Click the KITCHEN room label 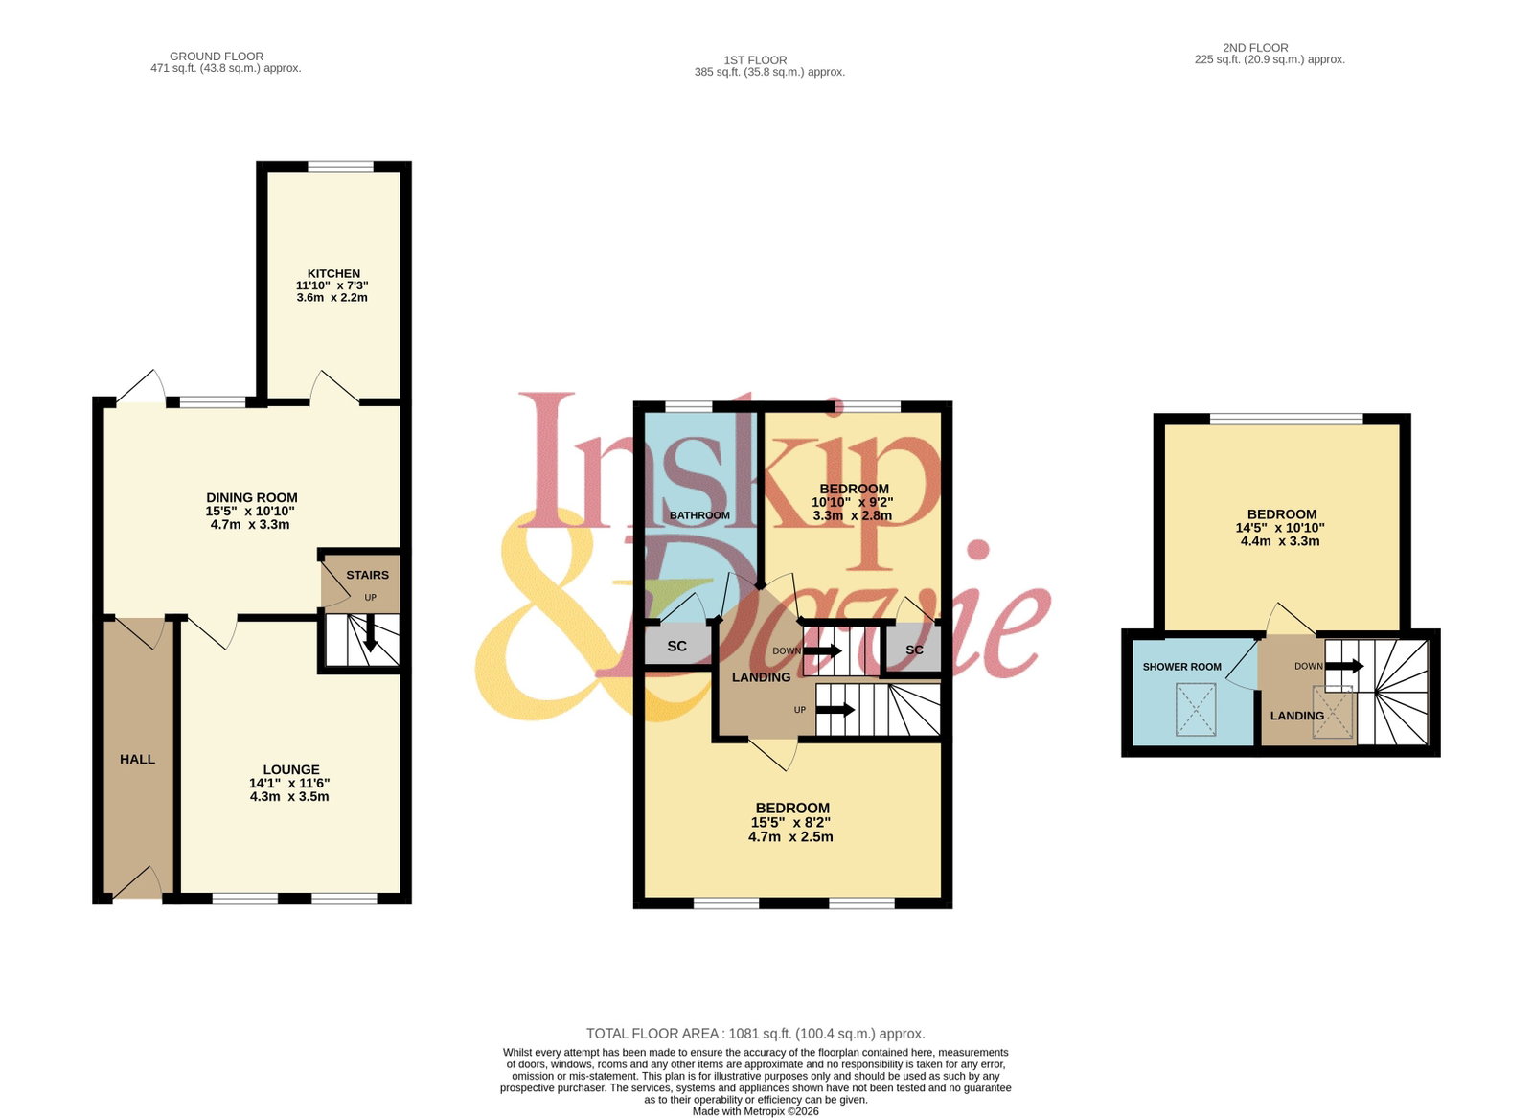click(333, 274)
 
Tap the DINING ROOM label click(252, 498)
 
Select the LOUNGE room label click(291, 769)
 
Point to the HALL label click(137, 760)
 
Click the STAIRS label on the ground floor click(368, 576)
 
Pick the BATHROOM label click(699, 516)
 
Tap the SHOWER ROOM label click(1182, 667)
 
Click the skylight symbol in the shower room click(1196, 710)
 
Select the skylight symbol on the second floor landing click(1333, 712)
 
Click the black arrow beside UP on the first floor click(835, 710)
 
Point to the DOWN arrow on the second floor click(1345, 666)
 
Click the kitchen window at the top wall click(341, 167)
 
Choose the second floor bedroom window click(1287, 419)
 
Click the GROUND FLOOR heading click(217, 57)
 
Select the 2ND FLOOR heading click(1256, 48)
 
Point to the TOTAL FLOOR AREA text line click(756, 1034)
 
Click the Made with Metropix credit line click(756, 1112)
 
